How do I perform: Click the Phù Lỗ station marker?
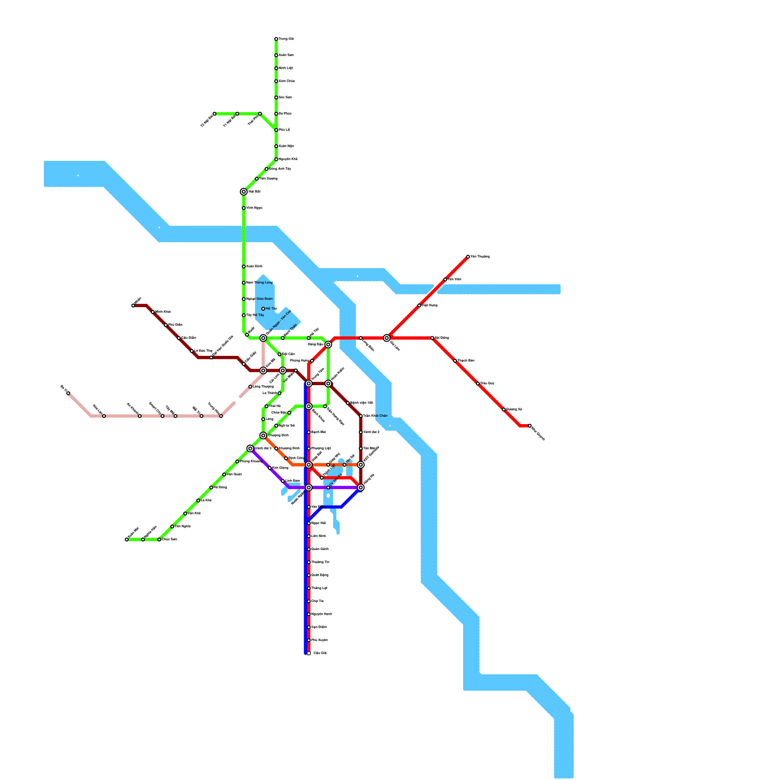coord(276,130)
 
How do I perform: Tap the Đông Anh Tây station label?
coord(280,169)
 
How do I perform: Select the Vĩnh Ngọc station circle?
coord(244,208)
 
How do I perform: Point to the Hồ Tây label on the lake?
coord(272,309)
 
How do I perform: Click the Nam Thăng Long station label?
coord(259,283)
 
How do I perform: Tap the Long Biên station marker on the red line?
coord(361,338)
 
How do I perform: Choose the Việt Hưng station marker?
coord(419,306)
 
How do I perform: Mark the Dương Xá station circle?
coord(504,409)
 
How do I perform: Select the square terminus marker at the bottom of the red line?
coord(309,653)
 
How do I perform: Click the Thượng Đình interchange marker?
coord(263,435)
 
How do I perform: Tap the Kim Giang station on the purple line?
coord(270,468)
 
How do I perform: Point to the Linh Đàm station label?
coord(293,481)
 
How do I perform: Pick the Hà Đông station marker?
coord(211,487)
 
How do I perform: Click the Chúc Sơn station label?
coord(169,540)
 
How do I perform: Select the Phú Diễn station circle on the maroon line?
coord(166,325)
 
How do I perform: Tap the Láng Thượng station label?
coord(263,387)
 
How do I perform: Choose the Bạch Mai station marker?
coord(309,432)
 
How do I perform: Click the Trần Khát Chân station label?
coord(375,416)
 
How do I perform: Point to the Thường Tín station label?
coord(320,562)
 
